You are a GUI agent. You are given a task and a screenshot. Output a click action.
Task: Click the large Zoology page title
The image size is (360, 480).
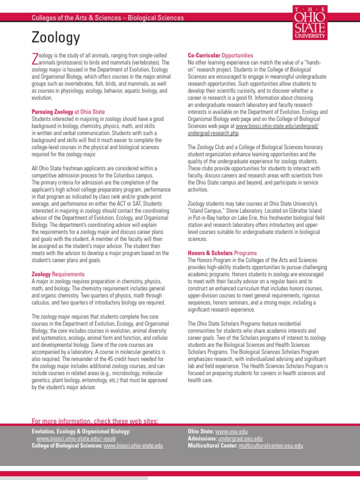(56, 37)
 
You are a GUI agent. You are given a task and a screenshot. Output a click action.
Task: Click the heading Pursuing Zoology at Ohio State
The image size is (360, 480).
(68, 112)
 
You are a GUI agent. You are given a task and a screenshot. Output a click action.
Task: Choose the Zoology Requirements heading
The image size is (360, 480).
(58, 274)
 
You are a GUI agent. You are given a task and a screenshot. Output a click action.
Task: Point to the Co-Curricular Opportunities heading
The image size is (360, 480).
(220, 55)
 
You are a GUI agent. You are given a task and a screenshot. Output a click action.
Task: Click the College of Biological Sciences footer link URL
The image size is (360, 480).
(133, 445)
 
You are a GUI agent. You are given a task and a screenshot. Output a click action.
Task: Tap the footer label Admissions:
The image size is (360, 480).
(202, 438)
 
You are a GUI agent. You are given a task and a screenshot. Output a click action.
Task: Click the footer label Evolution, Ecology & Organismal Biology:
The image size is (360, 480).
(81, 431)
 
